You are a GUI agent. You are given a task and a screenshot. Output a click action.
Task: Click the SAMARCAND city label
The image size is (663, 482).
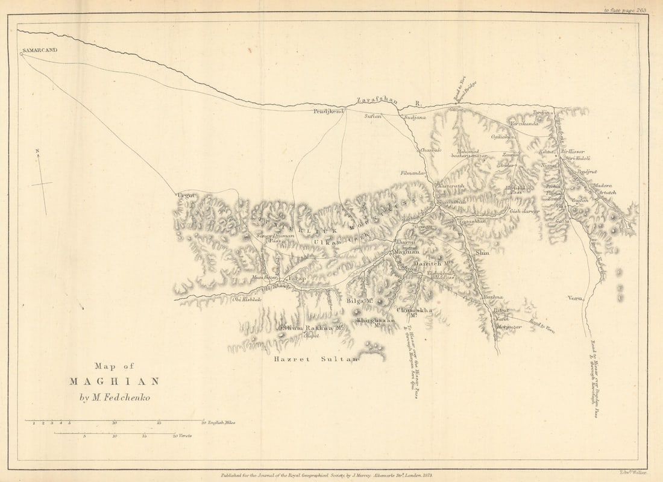click(40, 49)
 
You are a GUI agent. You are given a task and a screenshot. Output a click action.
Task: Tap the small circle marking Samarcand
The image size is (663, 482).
click(21, 54)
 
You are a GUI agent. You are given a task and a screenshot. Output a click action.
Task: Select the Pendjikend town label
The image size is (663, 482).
click(328, 111)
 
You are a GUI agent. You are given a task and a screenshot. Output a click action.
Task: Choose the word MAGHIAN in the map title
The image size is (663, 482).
click(115, 381)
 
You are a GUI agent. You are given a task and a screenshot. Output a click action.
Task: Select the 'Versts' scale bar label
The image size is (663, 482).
click(184, 436)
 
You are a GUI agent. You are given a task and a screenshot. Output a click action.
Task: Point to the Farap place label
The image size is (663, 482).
click(297, 278)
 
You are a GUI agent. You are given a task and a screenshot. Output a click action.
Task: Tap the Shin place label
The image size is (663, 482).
click(482, 253)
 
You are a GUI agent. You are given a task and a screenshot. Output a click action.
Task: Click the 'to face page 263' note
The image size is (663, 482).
click(625, 10)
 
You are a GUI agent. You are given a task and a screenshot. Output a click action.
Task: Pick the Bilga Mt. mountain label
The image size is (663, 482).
click(360, 299)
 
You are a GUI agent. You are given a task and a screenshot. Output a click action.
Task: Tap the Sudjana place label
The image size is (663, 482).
click(415, 117)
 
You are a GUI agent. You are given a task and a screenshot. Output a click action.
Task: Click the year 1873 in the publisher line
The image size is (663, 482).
click(425, 475)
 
